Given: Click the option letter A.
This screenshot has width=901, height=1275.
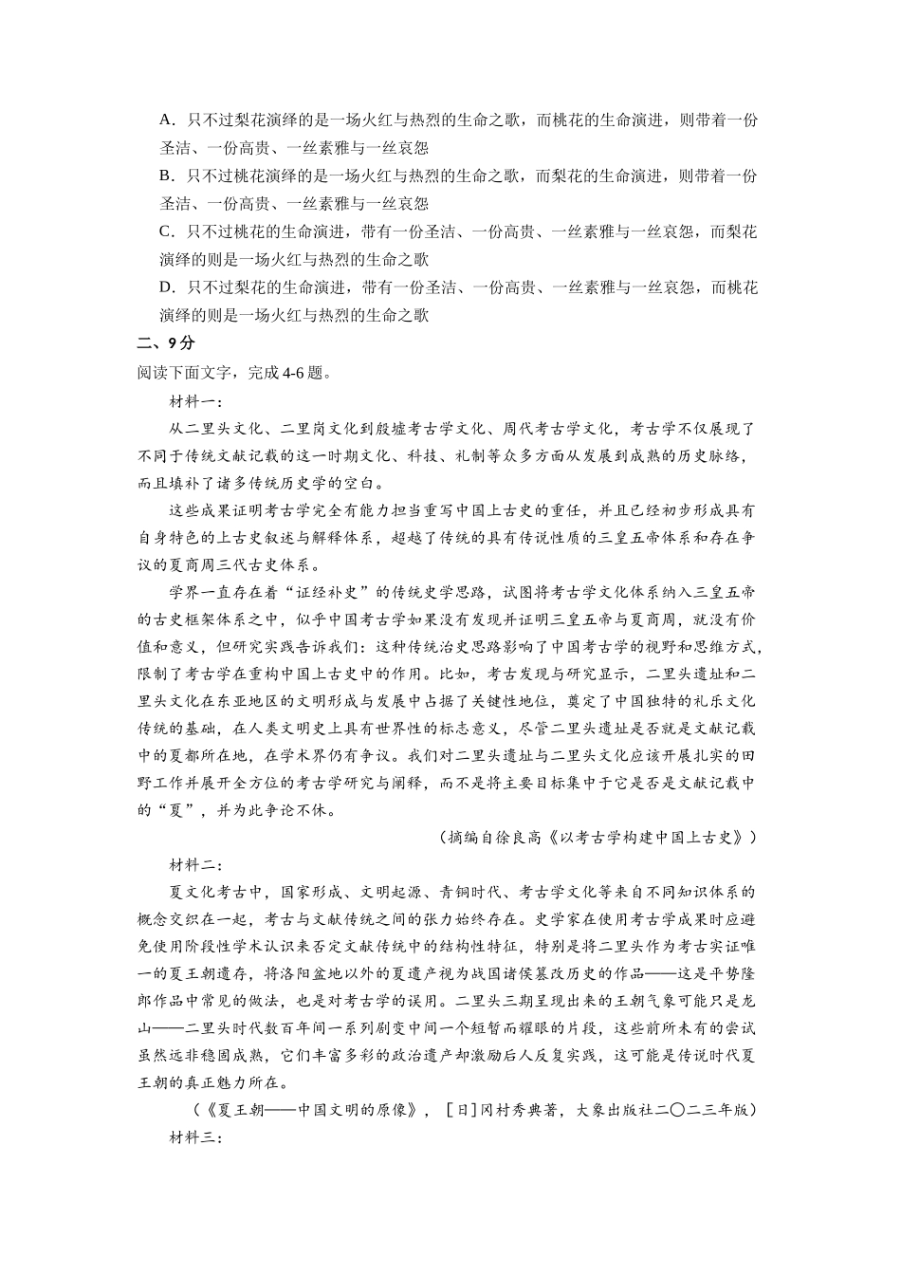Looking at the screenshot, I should point(166,120).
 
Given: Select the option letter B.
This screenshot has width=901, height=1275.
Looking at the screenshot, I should point(166,176).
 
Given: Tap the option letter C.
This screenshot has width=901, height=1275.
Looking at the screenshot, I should point(166,232).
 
